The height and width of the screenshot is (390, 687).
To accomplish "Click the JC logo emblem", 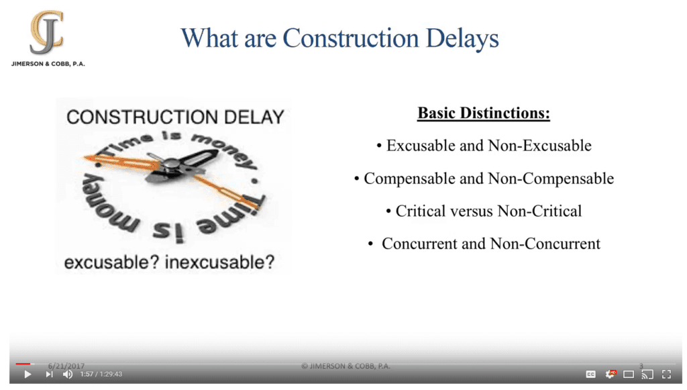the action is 47,32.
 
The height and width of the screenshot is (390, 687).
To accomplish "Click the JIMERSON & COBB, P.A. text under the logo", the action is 48,64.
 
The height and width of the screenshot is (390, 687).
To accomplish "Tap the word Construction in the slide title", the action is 350,38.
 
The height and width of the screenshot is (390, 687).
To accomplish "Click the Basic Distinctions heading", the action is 483,113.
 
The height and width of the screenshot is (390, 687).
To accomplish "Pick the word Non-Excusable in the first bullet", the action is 540,146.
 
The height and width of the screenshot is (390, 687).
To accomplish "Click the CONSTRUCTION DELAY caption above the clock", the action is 175,117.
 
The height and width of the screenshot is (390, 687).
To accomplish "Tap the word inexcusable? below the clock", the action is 219,262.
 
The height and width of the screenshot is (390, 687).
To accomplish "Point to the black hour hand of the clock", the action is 199,158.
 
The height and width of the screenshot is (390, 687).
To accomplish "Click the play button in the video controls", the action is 28,374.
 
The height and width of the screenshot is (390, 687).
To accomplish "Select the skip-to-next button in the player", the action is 49,374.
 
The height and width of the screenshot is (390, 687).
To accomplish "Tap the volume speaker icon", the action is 68,374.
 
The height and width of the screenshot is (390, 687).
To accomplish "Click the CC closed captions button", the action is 590,374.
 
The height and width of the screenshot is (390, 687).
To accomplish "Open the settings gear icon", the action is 610,374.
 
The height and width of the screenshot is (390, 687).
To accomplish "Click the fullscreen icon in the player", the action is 666,374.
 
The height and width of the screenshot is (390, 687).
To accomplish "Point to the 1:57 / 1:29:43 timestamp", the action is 101,374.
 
